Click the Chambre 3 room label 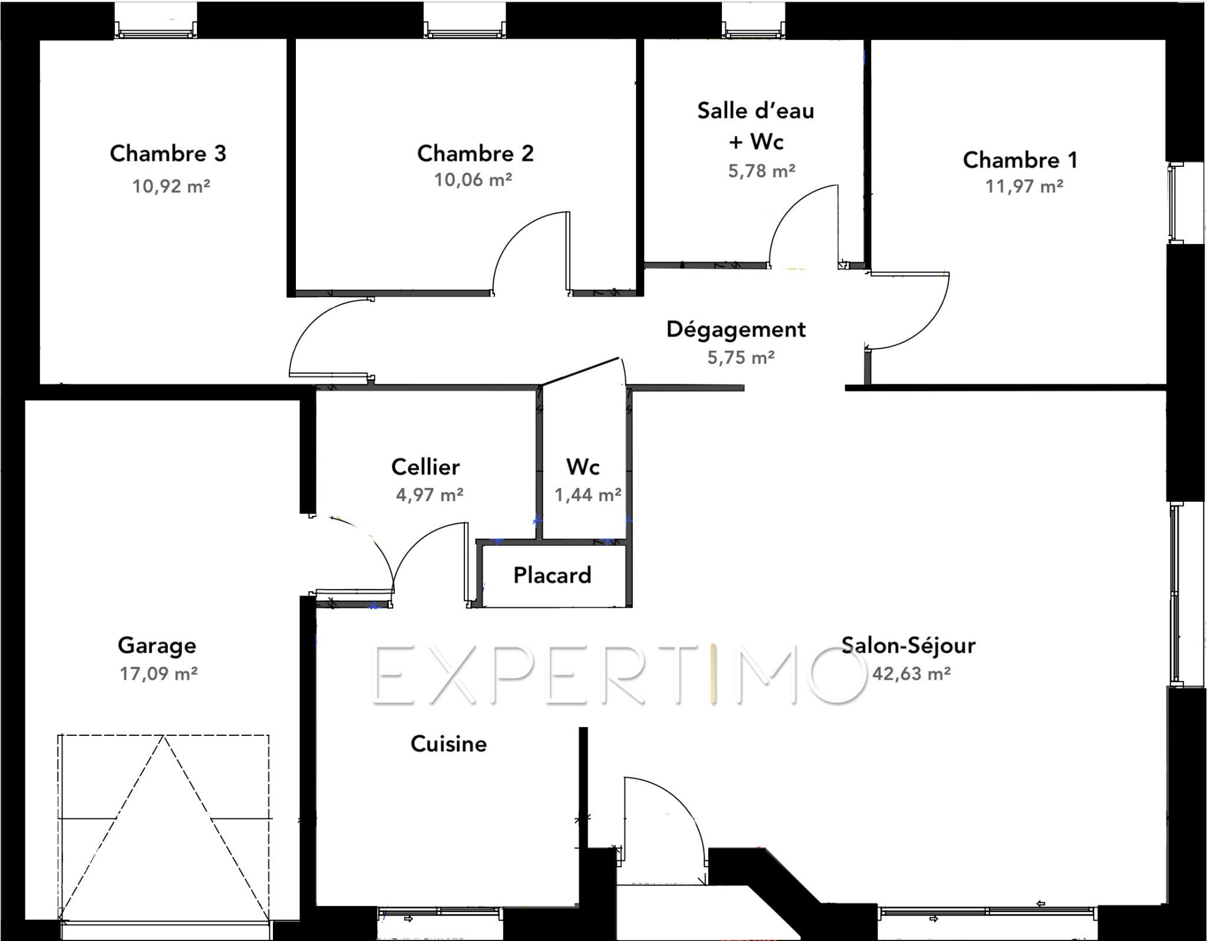(x=168, y=153)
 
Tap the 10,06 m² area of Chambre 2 (x=473, y=179)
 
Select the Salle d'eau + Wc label (x=756, y=126)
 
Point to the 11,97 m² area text (x=1024, y=186)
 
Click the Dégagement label (x=736, y=330)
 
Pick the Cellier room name (x=426, y=467)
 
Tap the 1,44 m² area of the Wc (x=588, y=494)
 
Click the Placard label (x=552, y=575)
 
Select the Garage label (x=157, y=646)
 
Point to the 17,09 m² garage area (x=159, y=673)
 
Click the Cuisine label (x=448, y=743)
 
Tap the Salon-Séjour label (x=908, y=645)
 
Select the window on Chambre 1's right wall (x=1176, y=202)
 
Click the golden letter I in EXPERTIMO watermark (x=714, y=675)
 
